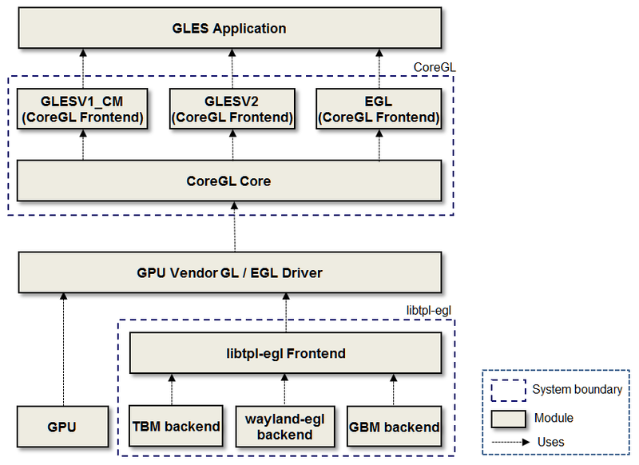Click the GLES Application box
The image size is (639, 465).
pos(228,28)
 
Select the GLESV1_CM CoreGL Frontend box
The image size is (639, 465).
pos(82,109)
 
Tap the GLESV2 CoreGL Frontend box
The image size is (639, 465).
pos(232,109)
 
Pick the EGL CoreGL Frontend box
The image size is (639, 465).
pos(379,109)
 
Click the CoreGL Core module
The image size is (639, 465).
pos(228,181)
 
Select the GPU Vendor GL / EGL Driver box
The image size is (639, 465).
pos(228,272)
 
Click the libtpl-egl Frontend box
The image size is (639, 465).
pos(284,352)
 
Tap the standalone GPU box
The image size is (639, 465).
pos(62,426)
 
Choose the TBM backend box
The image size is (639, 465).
pos(174,426)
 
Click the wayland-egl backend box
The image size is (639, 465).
pos(285,427)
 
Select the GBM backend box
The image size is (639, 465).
pos(394,426)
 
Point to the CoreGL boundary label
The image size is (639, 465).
pos(435,68)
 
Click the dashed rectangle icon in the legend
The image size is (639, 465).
pos(507,390)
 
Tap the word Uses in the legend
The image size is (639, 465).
pos(551,442)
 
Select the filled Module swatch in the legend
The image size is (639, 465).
pos(507,417)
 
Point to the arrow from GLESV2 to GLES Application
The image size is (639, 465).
pos(232,68)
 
